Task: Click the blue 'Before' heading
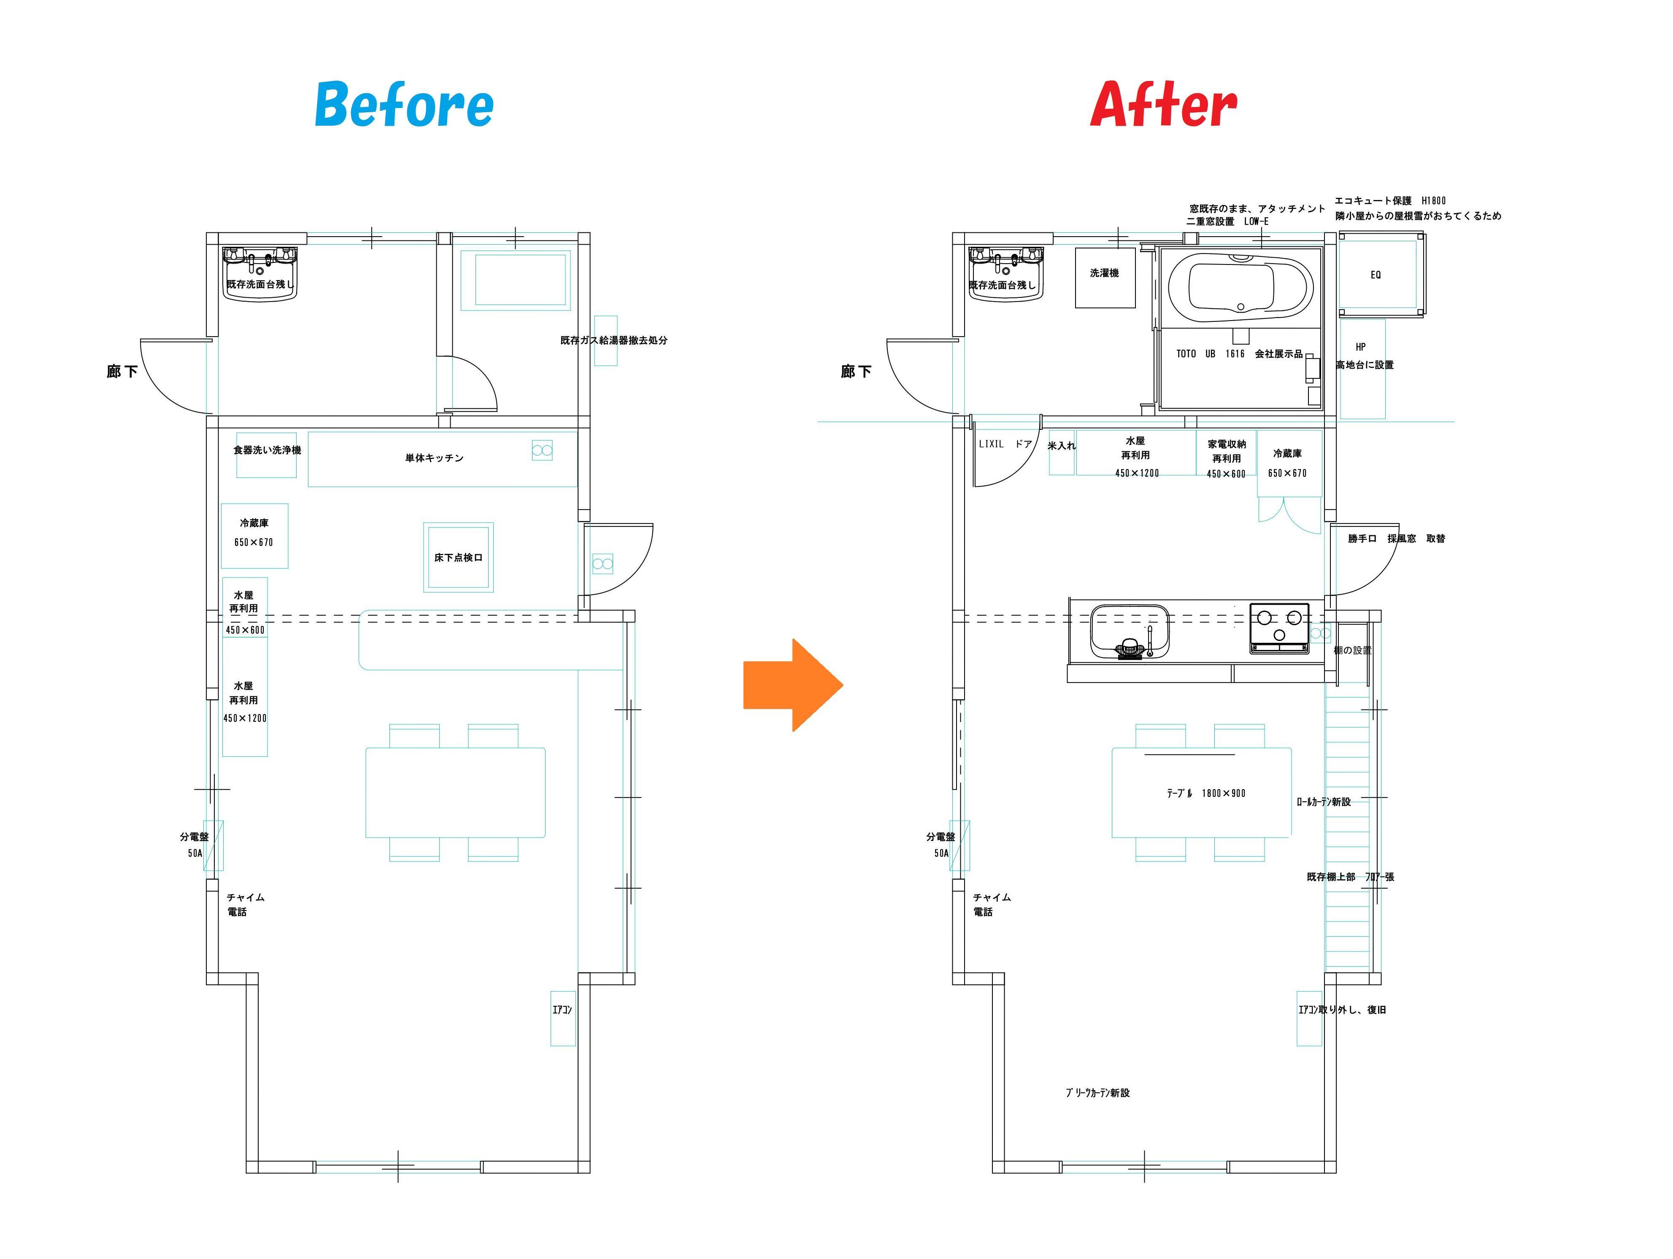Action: (x=404, y=105)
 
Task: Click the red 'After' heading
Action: (x=1163, y=105)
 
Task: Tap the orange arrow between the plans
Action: (x=793, y=685)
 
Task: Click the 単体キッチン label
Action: (x=434, y=458)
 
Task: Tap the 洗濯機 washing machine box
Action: (x=1105, y=278)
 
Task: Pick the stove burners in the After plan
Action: (x=1279, y=627)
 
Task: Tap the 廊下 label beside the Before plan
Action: (x=122, y=371)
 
